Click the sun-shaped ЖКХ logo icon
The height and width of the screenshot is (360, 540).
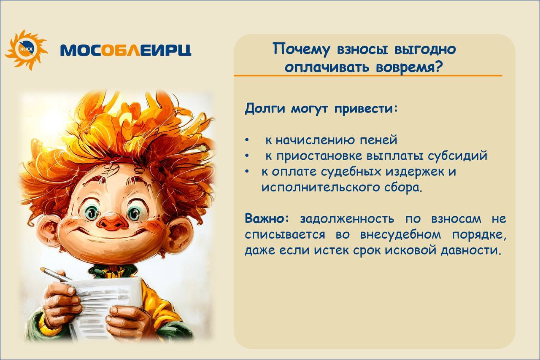pyautogui.click(x=27, y=50)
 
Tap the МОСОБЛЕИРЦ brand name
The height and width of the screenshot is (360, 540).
pyautogui.click(x=126, y=50)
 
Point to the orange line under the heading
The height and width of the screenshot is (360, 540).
pyautogui.click(x=368, y=75)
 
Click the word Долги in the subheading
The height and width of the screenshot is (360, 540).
pyautogui.click(x=265, y=109)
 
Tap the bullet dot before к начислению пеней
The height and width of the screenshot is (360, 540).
pyautogui.click(x=247, y=140)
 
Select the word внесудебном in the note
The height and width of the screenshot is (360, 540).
pyautogui.click(x=400, y=235)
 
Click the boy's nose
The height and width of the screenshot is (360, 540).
pyautogui.click(x=112, y=222)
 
